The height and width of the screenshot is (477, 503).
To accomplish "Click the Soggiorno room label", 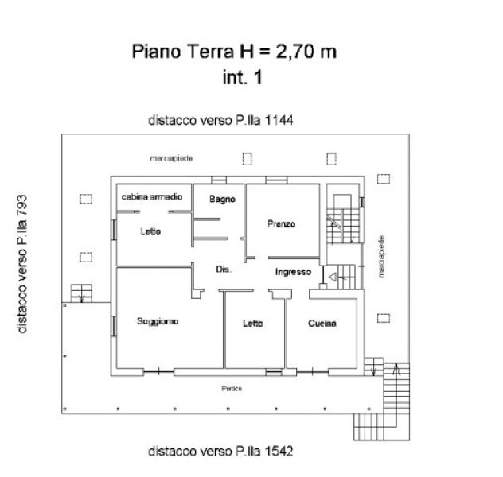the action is [x=158, y=321].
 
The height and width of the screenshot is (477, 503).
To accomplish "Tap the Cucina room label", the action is [x=322, y=324].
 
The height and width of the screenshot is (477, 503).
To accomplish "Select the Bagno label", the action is [x=222, y=200].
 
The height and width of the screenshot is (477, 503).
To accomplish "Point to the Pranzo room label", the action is [x=281, y=223].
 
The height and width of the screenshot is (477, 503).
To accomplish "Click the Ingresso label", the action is [x=293, y=273].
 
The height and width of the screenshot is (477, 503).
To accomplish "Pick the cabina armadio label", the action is [x=152, y=196].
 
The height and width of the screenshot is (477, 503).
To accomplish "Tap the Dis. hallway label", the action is [x=224, y=270].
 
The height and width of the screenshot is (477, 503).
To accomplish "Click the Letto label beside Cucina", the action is [x=253, y=324].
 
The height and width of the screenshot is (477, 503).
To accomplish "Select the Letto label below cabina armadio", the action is [x=150, y=231].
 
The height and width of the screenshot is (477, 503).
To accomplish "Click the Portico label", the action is [x=232, y=389].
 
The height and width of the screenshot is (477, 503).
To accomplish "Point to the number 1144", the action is [x=279, y=121].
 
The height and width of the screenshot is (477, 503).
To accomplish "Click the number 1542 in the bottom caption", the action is [x=279, y=451].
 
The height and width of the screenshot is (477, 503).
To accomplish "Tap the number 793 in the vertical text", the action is [x=22, y=206].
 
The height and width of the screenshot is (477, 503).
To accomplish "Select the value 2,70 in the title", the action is [x=296, y=51].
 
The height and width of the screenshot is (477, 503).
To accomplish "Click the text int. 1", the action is [x=243, y=78].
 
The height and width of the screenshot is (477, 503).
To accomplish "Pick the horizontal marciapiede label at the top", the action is [x=171, y=158].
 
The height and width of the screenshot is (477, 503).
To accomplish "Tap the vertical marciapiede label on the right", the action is [x=381, y=257].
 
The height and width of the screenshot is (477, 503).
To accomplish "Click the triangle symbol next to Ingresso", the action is [x=333, y=277].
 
